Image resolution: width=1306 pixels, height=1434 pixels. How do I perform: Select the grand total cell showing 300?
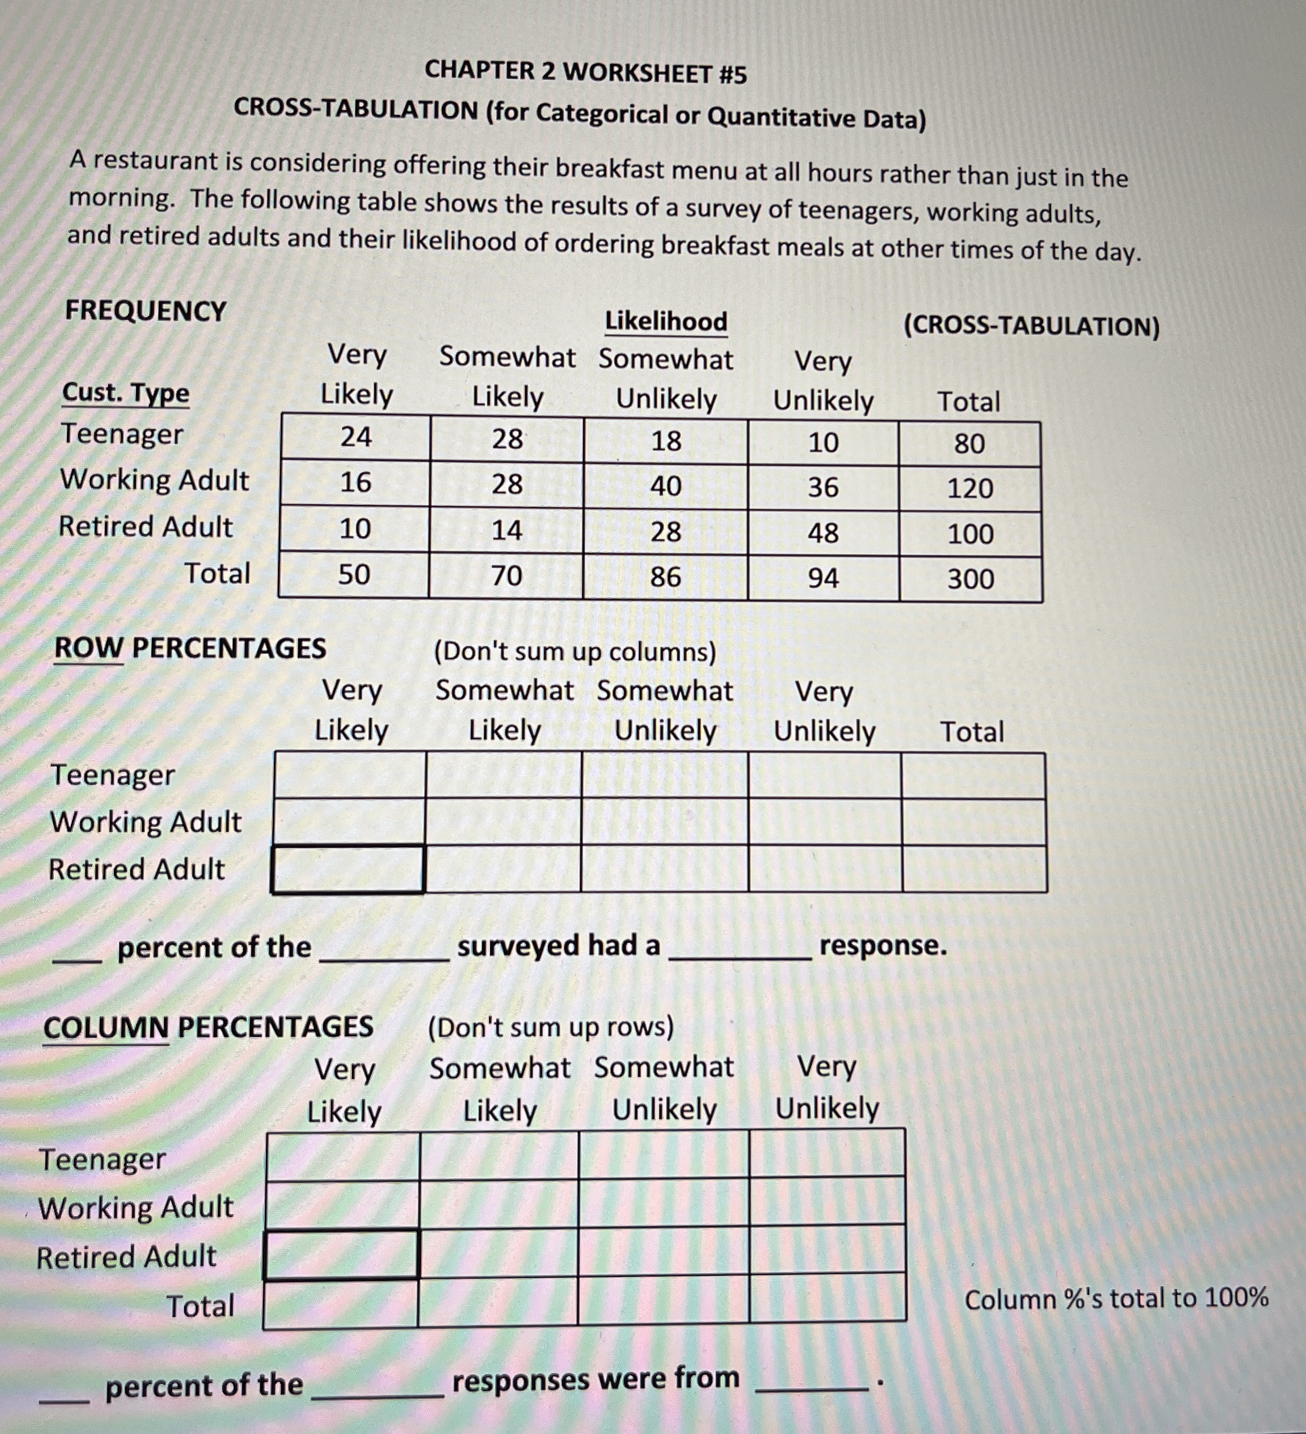[x=970, y=579]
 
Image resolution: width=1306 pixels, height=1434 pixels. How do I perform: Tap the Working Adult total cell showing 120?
[x=970, y=489]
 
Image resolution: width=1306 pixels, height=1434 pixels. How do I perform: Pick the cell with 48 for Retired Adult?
[x=823, y=533]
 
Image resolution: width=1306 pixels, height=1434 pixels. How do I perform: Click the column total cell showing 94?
[x=823, y=577]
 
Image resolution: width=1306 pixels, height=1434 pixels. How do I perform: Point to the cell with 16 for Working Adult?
[x=355, y=482]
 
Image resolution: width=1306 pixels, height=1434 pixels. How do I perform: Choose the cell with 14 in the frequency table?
[x=506, y=530]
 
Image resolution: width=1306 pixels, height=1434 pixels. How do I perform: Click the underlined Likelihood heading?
[x=666, y=321]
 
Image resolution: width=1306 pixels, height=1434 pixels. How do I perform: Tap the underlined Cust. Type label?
[x=126, y=393]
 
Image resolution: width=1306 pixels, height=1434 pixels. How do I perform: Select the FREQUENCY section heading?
[x=146, y=311]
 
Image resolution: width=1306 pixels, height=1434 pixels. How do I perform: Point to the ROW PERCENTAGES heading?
[x=190, y=648]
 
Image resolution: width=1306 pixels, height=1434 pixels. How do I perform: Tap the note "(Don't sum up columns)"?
[x=575, y=652]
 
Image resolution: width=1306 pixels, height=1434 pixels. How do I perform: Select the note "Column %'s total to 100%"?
[x=1116, y=1298]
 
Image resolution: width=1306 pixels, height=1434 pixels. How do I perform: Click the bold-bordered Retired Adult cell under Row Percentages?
[x=348, y=869]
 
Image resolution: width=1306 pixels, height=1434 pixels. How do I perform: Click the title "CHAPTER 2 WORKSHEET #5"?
[x=585, y=72]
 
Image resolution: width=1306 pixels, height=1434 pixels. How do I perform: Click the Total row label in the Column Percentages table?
[x=200, y=1306]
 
